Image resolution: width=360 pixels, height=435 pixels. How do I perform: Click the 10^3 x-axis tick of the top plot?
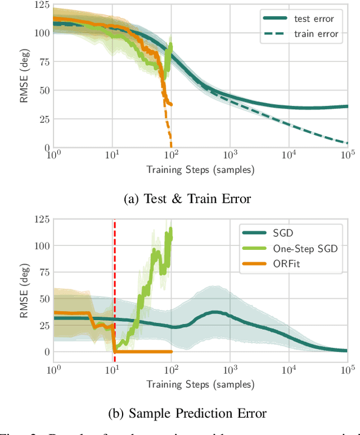230,155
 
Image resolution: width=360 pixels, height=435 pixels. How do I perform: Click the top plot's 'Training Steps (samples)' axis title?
200,169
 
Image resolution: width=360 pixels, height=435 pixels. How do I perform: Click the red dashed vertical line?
115,281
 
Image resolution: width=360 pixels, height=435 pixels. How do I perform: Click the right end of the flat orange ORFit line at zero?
171,352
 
